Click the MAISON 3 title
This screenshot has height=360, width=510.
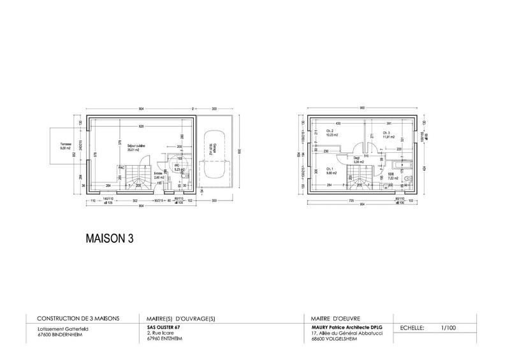[x=109, y=238]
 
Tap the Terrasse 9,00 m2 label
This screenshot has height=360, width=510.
[x=67, y=147]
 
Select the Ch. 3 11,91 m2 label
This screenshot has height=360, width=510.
[x=388, y=135]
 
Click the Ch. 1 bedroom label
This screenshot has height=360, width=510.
[x=330, y=171]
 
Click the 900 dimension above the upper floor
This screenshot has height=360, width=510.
[x=361, y=108]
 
